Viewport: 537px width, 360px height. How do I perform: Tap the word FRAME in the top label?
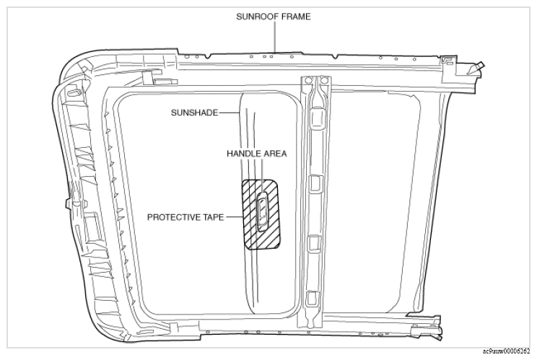(x=297, y=17)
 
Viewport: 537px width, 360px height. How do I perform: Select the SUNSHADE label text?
(x=194, y=113)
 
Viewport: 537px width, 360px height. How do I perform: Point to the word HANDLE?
(x=243, y=154)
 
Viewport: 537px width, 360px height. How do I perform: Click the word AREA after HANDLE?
(x=274, y=154)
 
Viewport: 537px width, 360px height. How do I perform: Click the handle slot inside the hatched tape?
(x=263, y=211)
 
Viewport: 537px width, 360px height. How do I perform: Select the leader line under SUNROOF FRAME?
(x=275, y=38)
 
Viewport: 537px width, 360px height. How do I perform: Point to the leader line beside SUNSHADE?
(x=229, y=113)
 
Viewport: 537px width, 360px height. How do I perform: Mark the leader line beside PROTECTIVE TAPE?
(x=235, y=217)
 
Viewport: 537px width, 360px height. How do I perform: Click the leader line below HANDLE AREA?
(x=262, y=175)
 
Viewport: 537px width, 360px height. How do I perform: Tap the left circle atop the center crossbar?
(x=308, y=81)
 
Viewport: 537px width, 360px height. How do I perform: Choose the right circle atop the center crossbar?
(x=324, y=81)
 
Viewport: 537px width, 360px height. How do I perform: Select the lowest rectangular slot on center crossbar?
(x=312, y=298)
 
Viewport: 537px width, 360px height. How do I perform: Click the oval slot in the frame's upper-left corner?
(x=74, y=92)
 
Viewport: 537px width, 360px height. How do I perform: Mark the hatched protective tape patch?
(x=261, y=214)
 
